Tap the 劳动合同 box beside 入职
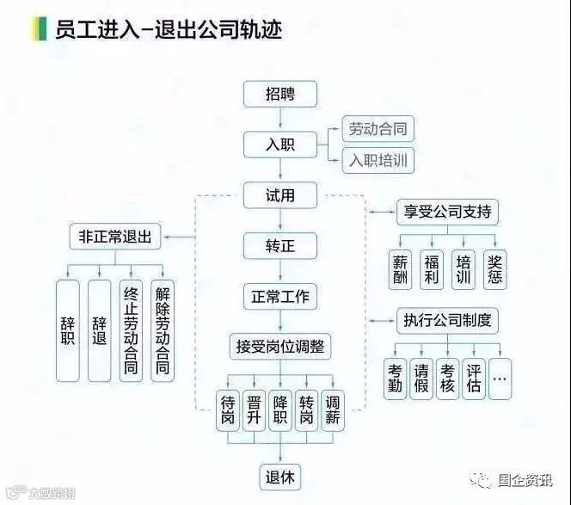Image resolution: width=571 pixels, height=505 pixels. [378, 130]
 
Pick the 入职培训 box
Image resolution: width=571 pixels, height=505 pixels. [378, 160]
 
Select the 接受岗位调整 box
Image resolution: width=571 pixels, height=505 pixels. [279, 347]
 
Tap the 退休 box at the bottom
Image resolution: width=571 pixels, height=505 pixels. [280, 477]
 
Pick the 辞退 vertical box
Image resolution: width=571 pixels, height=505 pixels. [99, 330]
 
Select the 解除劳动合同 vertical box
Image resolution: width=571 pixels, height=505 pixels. [162, 330]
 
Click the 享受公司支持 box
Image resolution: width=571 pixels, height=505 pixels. [447, 211]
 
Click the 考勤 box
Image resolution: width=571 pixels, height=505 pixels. [395, 379]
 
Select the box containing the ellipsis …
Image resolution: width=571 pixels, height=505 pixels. [500, 379]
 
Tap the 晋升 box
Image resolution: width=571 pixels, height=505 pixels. [255, 410]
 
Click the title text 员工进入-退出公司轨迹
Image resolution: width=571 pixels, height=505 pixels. [168, 30]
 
